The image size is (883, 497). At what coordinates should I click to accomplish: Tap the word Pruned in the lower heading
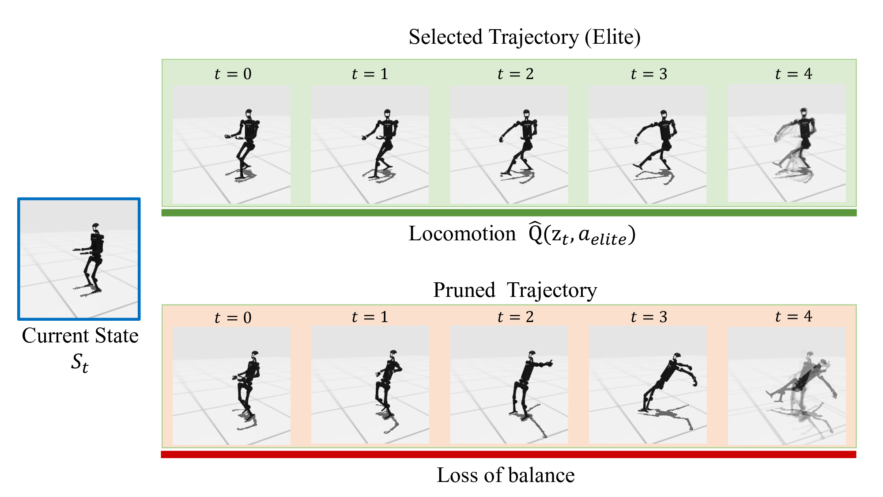click(464, 290)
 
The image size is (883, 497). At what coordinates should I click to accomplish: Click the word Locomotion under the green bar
click(462, 234)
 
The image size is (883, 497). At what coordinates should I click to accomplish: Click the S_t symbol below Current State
click(79, 363)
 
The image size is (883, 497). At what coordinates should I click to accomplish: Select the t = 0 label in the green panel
click(233, 74)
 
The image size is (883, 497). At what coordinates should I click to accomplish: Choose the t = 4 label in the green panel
click(793, 73)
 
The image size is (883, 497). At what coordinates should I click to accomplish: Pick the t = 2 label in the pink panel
click(515, 317)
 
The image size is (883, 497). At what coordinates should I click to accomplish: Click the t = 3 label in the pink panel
click(649, 317)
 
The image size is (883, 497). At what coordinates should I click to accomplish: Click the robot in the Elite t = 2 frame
click(521, 141)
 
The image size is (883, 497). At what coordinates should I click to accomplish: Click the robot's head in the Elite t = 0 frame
click(249, 114)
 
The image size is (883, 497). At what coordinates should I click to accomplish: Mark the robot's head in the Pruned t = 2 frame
click(532, 355)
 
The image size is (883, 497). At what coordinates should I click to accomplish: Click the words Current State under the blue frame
click(80, 336)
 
